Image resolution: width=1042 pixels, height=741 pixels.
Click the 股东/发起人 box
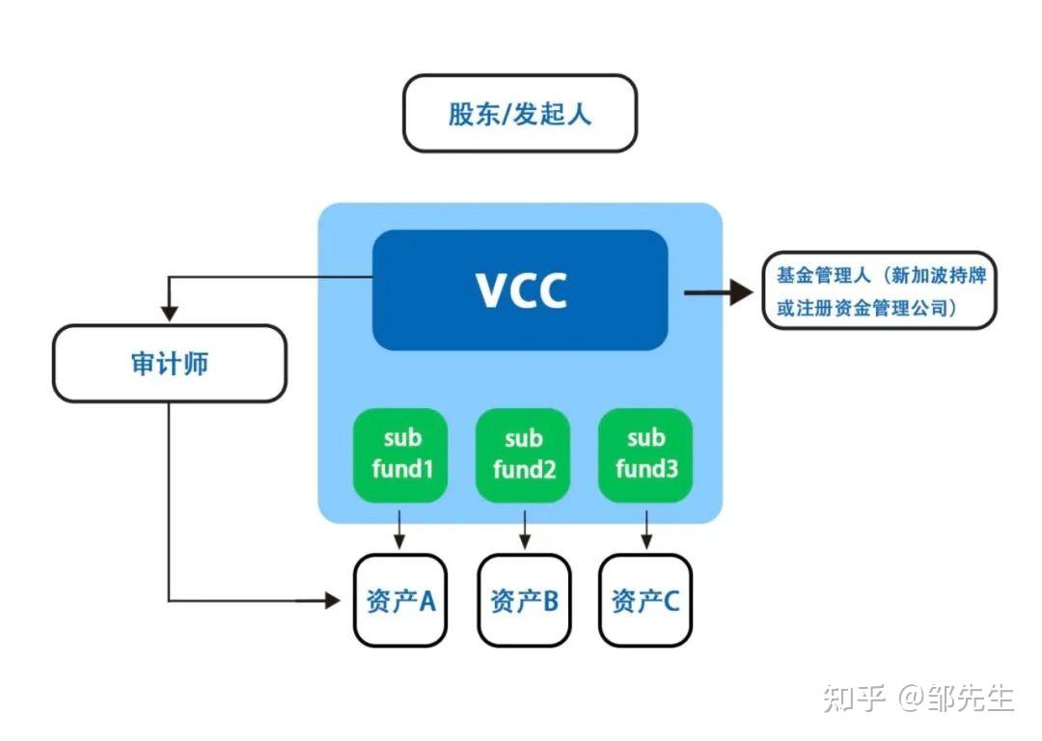pos(519,114)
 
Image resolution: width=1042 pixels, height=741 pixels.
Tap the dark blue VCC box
pos(520,289)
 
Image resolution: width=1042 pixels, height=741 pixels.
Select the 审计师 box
pos(170,363)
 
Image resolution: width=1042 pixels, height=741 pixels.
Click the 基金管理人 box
pos(879,291)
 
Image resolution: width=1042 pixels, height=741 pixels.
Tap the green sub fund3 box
pos(645,454)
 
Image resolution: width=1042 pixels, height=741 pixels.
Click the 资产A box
pos(400,600)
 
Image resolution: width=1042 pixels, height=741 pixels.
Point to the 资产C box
pos(645,600)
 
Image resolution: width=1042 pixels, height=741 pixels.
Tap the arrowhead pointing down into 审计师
pos(170,314)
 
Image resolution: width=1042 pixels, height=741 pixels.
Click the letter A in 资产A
pos(426,601)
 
